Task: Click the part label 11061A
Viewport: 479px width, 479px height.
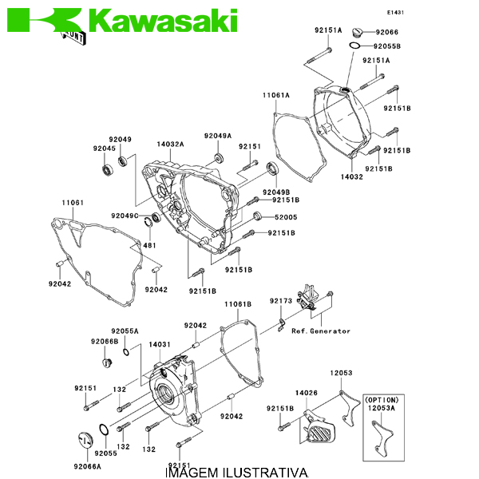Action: [x=275, y=95]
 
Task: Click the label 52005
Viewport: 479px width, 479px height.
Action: [x=286, y=217]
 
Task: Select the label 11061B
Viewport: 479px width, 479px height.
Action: [x=237, y=304]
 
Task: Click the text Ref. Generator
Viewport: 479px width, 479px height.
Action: [x=321, y=331]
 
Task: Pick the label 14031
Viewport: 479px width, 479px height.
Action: [x=160, y=344]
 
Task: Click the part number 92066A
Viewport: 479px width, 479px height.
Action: [x=88, y=466]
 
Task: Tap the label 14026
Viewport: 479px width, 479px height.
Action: [x=307, y=392]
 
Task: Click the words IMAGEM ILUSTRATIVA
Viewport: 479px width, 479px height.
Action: [x=236, y=473]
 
